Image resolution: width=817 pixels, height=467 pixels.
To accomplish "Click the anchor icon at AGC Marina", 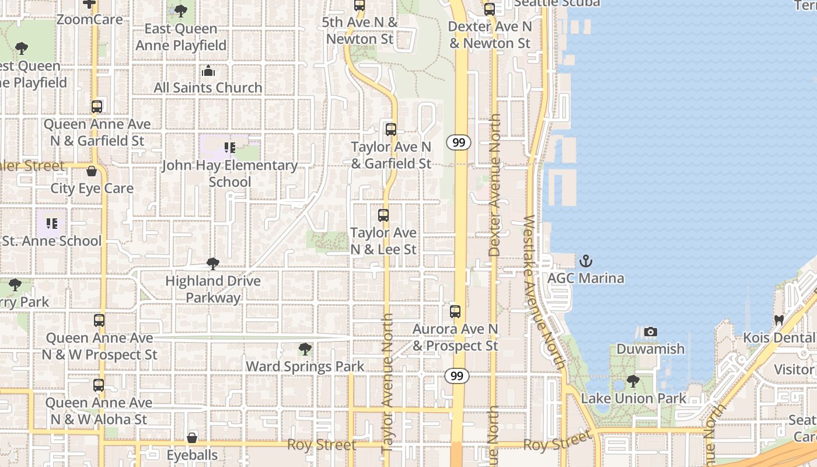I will (x=585, y=261).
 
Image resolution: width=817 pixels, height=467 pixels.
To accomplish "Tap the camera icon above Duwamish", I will (x=650, y=332).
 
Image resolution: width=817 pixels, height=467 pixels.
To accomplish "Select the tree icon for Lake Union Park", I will (x=633, y=382).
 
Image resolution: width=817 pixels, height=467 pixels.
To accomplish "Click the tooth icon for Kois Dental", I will (x=778, y=320).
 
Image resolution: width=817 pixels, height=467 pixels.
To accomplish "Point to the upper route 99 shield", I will (x=459, y=142).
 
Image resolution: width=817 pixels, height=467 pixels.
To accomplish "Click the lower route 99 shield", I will (x=457, y=376).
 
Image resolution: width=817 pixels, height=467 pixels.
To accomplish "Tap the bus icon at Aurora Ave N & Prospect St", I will (x=455, y=312).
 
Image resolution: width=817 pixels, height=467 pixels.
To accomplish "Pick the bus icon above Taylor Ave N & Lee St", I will (x=383, y=215).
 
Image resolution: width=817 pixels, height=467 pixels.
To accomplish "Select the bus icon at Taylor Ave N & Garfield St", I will (x=391, y=130).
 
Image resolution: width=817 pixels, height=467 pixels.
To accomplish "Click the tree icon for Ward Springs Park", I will (x=305, y=350).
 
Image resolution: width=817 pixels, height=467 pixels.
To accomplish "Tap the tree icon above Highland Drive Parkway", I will (x=213, y=264).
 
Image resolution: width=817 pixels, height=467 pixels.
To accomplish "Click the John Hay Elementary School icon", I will (x=230, y=148).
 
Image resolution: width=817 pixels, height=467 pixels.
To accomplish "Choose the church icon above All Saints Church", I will (x=208, y=71).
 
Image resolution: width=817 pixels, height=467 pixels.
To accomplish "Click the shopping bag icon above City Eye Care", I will (x=92, y=171).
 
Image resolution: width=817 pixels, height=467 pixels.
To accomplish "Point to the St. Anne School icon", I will (x=52, y=224).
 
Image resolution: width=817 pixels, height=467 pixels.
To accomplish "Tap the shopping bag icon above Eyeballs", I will (x=192, y=438).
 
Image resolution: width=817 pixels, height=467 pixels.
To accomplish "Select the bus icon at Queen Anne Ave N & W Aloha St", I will (x=99, y=385).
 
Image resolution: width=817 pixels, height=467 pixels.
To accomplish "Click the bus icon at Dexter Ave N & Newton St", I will (x=490, y=9).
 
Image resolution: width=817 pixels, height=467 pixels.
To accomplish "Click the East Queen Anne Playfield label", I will (x=181, y=37).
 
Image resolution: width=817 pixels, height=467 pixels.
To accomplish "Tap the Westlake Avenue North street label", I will (x=543, y=292).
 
